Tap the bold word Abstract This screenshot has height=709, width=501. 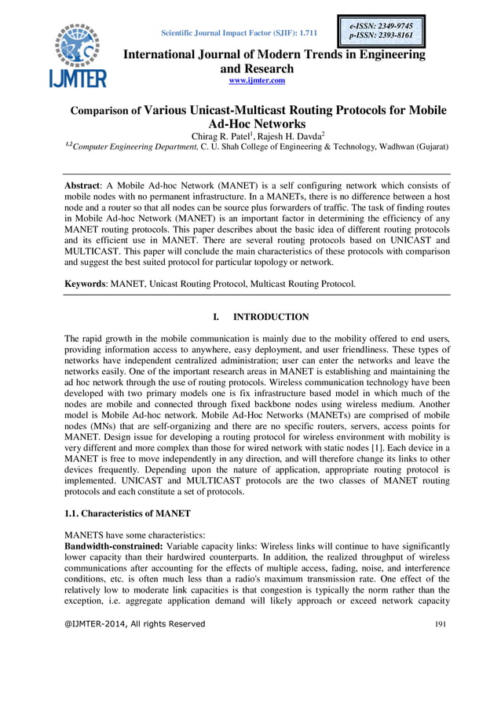click(x=86, y=186)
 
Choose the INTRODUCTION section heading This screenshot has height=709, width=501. click(x=271, y=317)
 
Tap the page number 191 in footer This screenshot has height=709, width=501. click(x=441, y=624)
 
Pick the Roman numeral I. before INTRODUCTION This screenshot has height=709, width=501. click(x=216, y=317)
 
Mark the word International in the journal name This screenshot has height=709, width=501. click(x=163, y=55)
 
